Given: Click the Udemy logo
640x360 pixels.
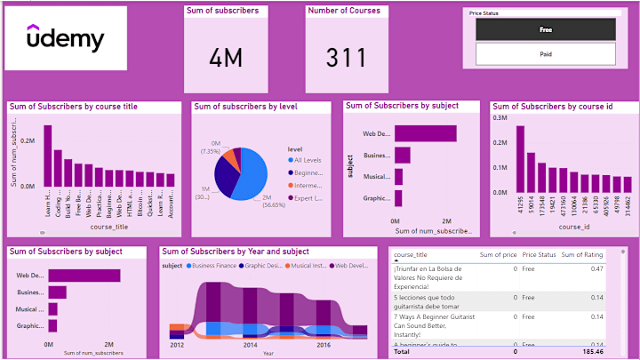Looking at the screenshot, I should click(x=65, y=41).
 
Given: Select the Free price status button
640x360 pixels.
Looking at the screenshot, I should click(x=546, y=29).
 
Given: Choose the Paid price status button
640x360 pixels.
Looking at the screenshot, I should click(x=546, y=53).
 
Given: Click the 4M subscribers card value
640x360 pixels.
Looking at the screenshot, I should click(x=226, y=59).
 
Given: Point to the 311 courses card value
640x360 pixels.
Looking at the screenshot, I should click(x=345, y=59).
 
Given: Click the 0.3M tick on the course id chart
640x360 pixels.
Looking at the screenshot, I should click(x=500, y=116).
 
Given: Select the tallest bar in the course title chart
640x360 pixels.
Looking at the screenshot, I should click(x=48, y=156).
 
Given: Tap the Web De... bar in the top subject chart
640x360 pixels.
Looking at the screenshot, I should click(x=426, y=133).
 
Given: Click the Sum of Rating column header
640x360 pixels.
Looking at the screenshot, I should click(x=584, y=255).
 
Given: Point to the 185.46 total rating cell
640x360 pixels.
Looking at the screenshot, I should click(x=591, y=353).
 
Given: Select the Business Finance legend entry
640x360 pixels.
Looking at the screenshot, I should click(x=211, y=266).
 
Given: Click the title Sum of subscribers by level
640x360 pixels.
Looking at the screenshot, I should click(x=245, y=107).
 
